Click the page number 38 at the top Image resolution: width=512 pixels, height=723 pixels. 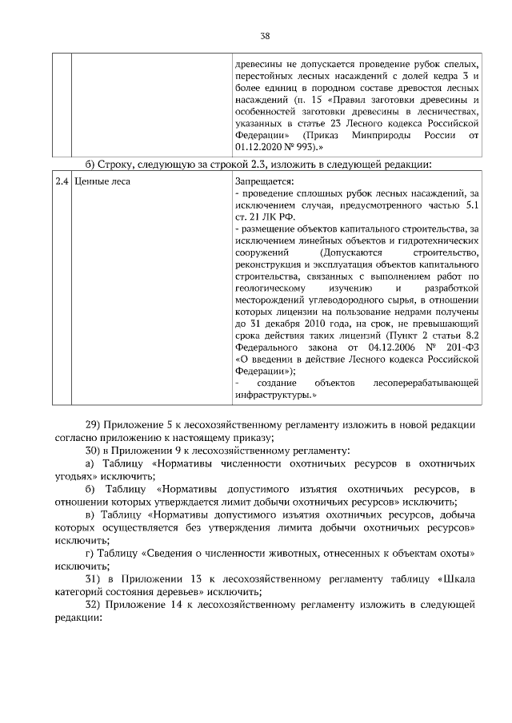(x=265, y=36)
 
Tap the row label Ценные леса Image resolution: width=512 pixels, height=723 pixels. (x=101, y=181)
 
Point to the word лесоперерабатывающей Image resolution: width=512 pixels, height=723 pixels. (x=426, y=383)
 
